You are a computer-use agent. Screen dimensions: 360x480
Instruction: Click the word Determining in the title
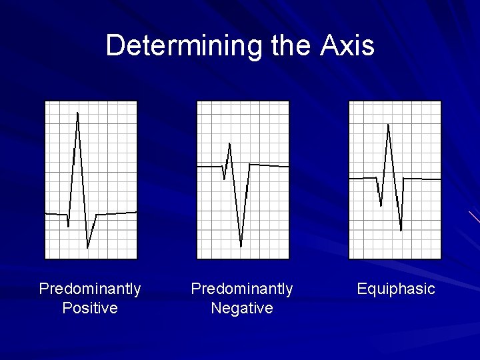click(x=175, y=46)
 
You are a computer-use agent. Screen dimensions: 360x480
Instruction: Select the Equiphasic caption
click(x=395, y=289)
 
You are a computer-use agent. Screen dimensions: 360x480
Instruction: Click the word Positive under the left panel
click(x=89, y=308)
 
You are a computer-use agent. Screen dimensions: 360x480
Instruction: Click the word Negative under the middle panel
click(x=241, y=308)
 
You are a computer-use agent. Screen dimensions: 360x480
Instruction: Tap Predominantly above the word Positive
click(x=89, y=289)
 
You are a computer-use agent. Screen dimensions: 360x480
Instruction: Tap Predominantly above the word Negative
click(x=241, y=289)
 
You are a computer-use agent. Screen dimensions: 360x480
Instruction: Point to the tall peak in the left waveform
click(x=77, y=113)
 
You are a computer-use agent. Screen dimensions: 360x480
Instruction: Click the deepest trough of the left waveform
click(x=87, y=247)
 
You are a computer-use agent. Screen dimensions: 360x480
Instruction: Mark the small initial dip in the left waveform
click(x=68, y=226)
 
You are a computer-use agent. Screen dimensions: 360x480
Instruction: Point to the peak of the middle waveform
click(x=229, y=143)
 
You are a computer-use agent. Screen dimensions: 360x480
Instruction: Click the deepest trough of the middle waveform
click(x=241, y=246)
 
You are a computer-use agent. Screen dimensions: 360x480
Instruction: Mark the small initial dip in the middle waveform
click(x=224, y=179)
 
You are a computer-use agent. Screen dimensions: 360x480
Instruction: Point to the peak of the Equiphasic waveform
click(x=388, y=125)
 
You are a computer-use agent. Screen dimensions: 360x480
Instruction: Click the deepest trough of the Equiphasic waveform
click(x=401, y=230)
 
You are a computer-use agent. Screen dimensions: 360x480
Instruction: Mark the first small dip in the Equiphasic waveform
click(x=381, y=205)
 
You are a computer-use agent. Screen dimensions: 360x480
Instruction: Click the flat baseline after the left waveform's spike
click(x=117, y=213)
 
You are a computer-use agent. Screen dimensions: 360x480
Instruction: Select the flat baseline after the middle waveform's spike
click(x=269, y=165)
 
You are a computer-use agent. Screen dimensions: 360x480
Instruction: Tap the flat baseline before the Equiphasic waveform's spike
click(x=362, y=178)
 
